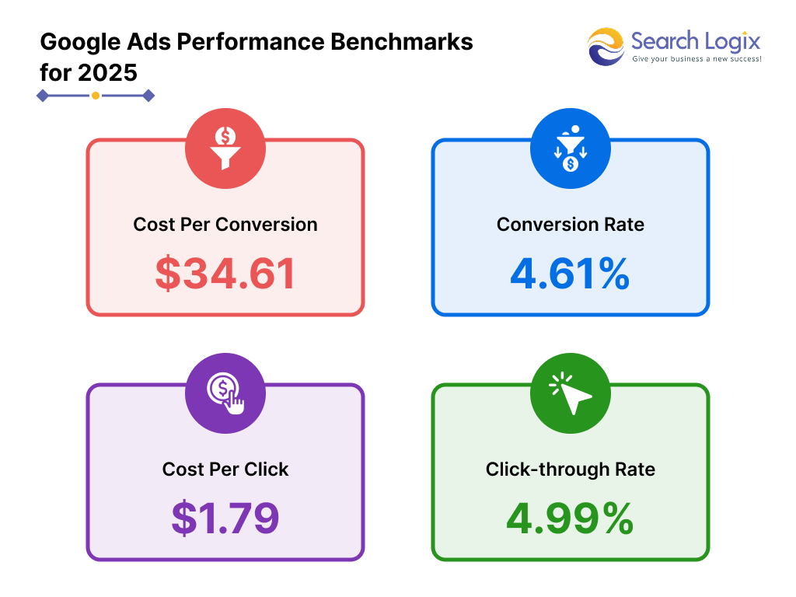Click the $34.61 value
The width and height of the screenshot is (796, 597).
[225, 274]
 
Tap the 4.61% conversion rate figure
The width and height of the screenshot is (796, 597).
[570, 274]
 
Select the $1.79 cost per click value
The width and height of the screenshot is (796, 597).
[225, 518]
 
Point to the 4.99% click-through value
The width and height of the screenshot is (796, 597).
[570, 518]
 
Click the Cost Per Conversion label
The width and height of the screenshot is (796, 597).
[225, 225]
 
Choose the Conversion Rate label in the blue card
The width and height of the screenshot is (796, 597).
[570, 225]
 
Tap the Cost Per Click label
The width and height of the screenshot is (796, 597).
[225, 470]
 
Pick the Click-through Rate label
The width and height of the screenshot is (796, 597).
[570, 470]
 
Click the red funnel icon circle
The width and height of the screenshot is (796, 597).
[225, 148]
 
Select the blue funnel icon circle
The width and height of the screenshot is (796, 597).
[570, 148]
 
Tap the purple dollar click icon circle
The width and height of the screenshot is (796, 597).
[225, 393]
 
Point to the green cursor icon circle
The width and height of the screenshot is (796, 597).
[570, 393]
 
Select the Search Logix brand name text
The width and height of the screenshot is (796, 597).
[696, 40]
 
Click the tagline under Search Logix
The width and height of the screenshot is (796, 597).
[696, 59]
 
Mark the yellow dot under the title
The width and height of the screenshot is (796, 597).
[95, 96]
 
